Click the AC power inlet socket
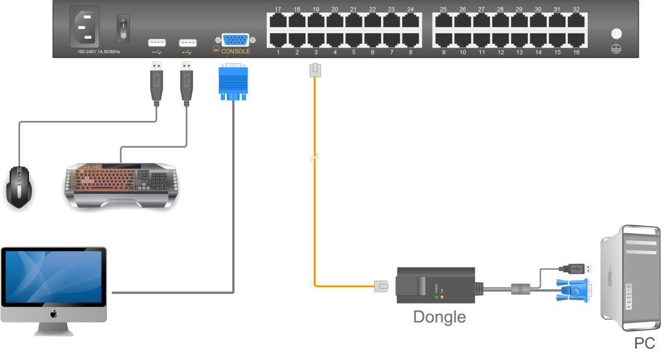tap(85, 29)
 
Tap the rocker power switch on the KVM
tap(124, 28)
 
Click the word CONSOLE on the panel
tap(235, 51)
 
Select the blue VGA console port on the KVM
tap(235, 40)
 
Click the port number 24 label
tap(411, 10)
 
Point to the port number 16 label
tap(576, 53)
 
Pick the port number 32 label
tap(576, 10)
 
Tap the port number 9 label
tap(443, 53)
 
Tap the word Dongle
tap(440, 316)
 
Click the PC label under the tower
tap(644, 344)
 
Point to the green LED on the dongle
tap(436, 296)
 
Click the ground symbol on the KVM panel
tap(617, 48)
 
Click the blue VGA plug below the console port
tap(233, 82)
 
